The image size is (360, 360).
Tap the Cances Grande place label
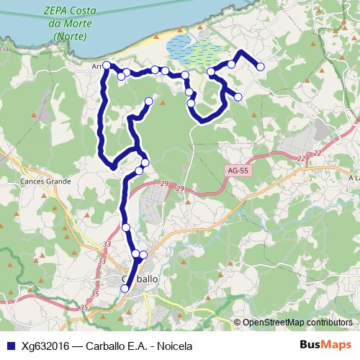tap(45, 181)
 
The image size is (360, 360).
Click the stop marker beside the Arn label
tap(107, 66)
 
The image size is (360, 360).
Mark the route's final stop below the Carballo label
tap(125, 289)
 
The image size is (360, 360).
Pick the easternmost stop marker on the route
tap(260, 66)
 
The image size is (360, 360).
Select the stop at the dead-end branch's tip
tap(149, 101)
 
